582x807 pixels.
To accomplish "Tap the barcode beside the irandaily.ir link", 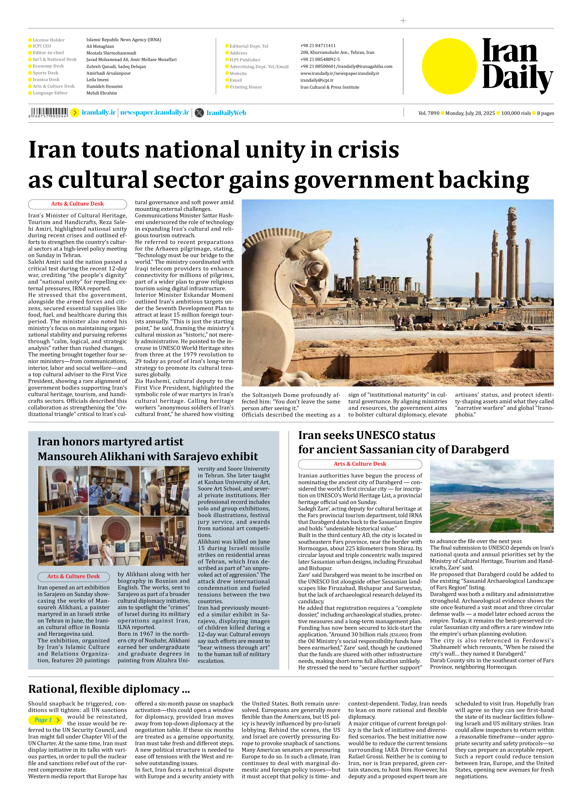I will pyautogui.click(x=48, y=112).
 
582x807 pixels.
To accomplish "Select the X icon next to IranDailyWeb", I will pyautogui.click(x=199, y=113).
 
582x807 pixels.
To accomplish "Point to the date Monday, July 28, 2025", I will pyautogui.click(x=470, y=113).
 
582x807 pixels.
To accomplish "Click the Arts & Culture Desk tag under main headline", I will pyautogui.click(x=77, y=204).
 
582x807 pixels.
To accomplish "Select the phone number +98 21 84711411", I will pyautogui.click(x=318, y=46).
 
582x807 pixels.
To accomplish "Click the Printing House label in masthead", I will pyautogui.click(x=246, y=87).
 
